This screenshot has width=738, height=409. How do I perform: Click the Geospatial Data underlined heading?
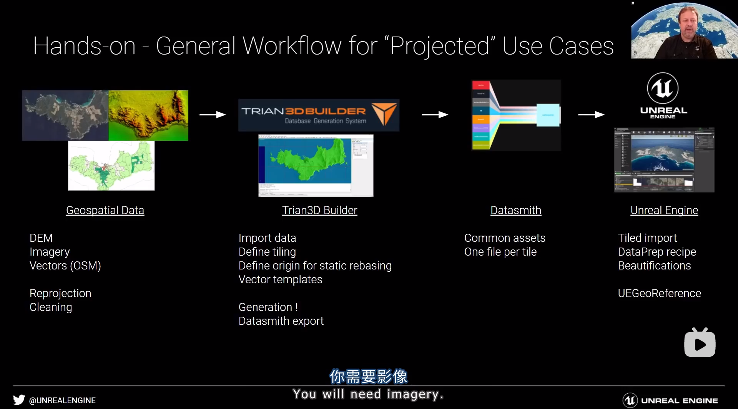pos(105,210)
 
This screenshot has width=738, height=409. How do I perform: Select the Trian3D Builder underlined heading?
pos(319,210)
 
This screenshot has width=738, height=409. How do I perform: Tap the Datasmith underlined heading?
pos(516,210)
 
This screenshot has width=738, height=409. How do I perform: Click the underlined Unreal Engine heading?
pos(664,210)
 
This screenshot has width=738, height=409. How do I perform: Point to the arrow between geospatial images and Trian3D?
pos(213,115)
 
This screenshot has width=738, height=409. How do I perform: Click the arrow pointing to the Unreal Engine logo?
pos(591,115)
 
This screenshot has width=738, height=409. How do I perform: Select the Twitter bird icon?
pos(19,400)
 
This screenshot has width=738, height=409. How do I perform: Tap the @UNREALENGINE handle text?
pos(62,401)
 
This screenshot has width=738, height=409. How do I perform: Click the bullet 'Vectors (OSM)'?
pos(65,266)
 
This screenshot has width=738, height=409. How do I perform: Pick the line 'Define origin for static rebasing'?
pos(315,266)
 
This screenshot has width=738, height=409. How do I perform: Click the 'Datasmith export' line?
pos(281,321)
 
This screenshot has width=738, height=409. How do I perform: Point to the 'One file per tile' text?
pos(500,252)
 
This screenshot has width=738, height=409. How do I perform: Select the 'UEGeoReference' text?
pos(659,293)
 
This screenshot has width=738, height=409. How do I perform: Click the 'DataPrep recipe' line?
pos(657,252)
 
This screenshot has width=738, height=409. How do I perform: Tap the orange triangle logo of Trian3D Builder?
pos(384,113)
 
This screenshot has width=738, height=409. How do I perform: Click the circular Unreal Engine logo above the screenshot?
pos(663,88)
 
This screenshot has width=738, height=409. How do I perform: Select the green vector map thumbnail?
pos(111,166)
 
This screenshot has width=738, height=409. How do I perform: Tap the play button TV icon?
pos(700,343)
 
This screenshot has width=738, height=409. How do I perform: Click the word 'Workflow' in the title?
pos(292,46)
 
